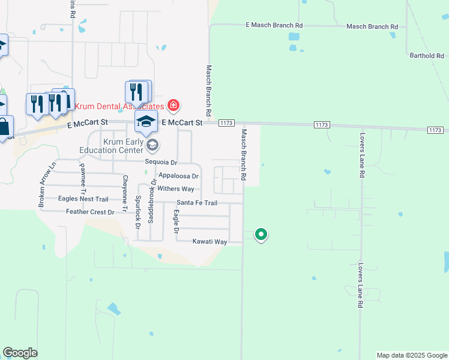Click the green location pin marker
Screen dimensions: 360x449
click(x=261, y=234)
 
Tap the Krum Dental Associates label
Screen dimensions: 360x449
click(x=119, y=106)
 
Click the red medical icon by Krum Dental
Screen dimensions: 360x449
click(x=173, y=106)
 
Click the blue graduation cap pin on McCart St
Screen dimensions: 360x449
click(x=145, y=121)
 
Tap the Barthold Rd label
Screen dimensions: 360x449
click(x=427, y=56)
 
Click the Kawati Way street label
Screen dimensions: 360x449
click(x=209, y=242)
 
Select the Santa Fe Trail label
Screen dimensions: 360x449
click(x=196, y=203)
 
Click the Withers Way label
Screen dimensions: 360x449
click(x=176, y=189)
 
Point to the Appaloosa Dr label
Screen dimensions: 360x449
click(x=178, y=176)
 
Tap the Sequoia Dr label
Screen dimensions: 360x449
click(x=161, y=163)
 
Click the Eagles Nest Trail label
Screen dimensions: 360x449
click(x=83, y=199)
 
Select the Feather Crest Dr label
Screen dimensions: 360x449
click(x=90, y=212)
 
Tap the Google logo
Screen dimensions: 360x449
click(x=20, y=353)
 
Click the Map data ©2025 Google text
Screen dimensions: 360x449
click(x=411, y=355)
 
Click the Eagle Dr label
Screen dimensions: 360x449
click(x=176, y=222)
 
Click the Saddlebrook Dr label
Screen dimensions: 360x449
click(x=152, y=200)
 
